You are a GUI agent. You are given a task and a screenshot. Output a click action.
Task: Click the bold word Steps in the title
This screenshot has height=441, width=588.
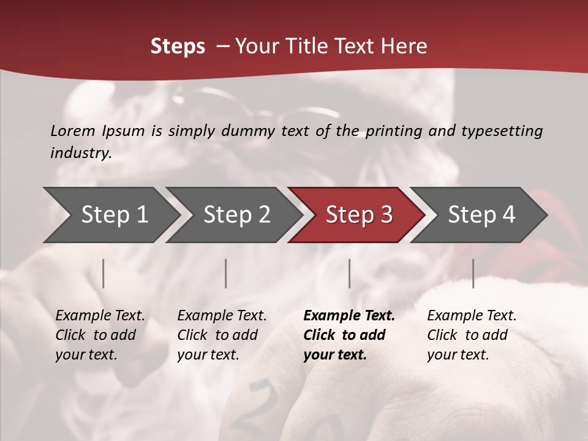click(x=178, y=47)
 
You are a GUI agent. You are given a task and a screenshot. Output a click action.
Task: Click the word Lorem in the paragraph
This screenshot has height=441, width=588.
click(x=73, y=130)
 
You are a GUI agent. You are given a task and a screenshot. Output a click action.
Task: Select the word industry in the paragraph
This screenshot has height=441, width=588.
click(x=81, y=153)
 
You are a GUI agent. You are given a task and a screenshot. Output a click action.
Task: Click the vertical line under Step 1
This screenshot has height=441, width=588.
click(x=104, y=273)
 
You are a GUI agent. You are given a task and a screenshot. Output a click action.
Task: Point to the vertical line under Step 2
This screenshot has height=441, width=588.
click(x=226, y=273)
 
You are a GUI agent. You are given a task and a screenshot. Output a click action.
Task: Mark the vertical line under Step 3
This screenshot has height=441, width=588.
click(x=349, y=273)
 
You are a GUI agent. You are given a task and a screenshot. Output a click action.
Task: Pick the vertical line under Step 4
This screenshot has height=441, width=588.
click(x=473, y=273)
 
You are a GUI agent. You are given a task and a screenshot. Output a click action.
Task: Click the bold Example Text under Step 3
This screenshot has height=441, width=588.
click(x=349, y=315)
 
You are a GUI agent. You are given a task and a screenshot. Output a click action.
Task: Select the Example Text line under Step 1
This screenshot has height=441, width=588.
click(x=100, y=315)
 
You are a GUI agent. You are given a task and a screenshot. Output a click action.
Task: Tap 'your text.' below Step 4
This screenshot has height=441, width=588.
click(x=458, y=355)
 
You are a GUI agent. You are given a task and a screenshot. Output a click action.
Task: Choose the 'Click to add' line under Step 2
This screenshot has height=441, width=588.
click(x=217, y=335)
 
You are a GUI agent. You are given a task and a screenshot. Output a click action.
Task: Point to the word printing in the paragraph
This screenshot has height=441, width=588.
click(x=393, y=130)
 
